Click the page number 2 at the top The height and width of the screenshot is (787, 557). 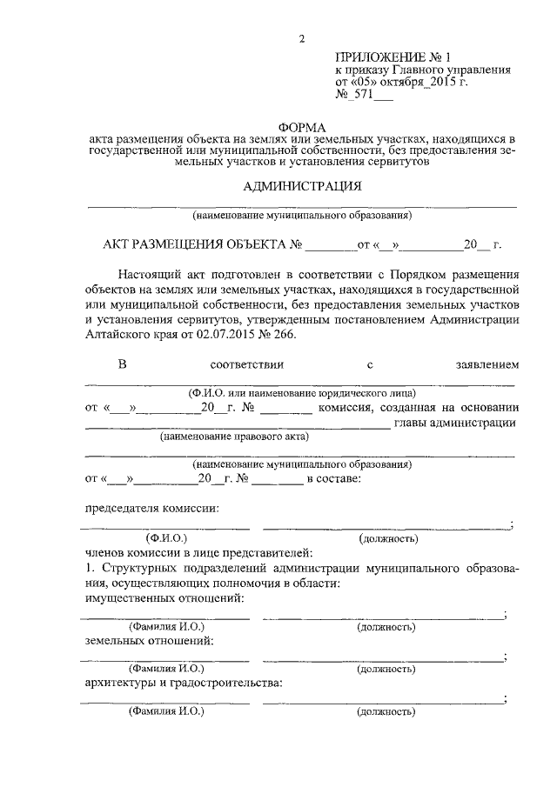pos(302,38)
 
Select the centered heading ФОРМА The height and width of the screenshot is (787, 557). pos(301,126)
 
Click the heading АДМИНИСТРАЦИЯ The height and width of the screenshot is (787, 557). pos(301,185)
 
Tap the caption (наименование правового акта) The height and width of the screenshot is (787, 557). pos(234,437)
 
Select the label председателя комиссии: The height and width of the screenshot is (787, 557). pos(146,508)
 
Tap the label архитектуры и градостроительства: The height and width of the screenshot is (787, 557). pos(183,683)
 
